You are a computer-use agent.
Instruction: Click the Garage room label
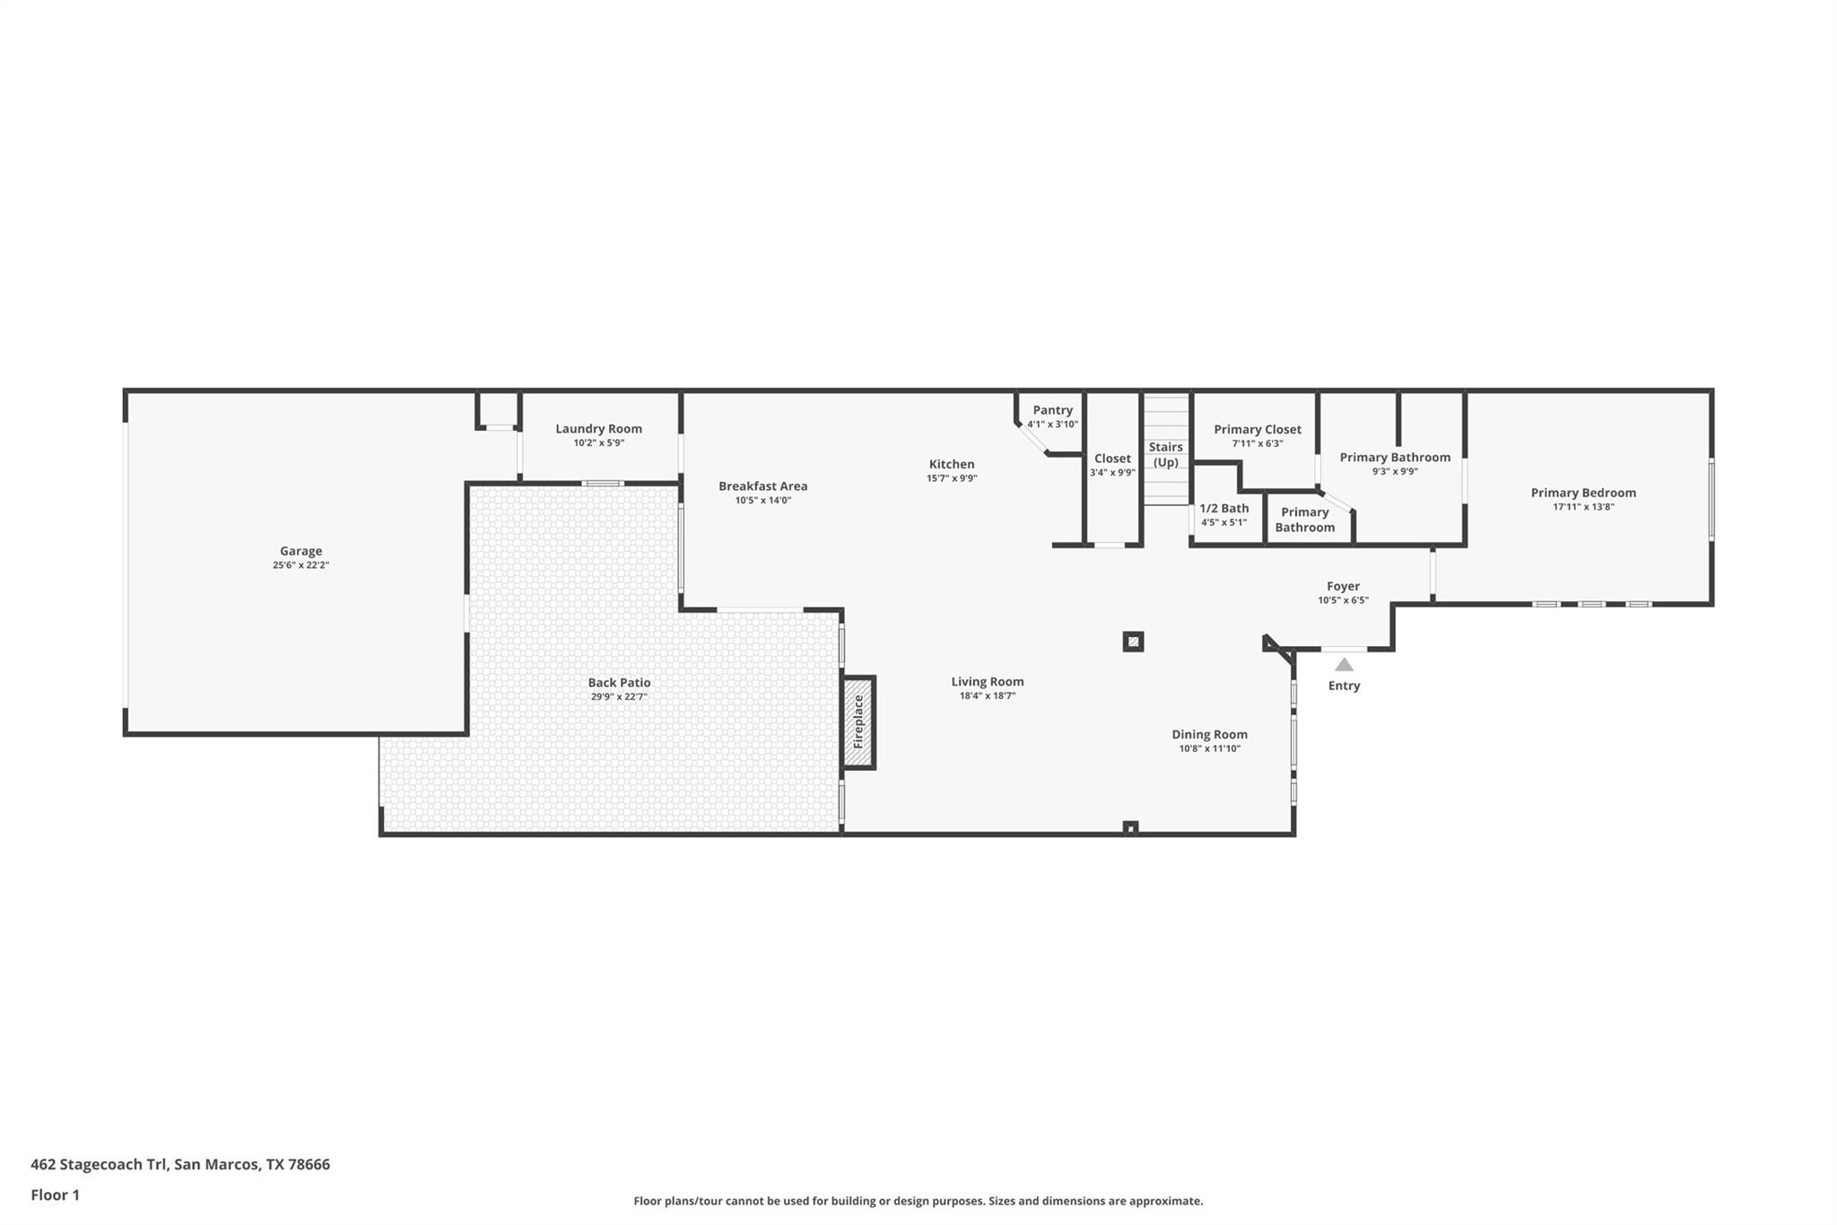(x=300, y=551)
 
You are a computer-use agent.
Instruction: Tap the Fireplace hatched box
(x=858, y=722)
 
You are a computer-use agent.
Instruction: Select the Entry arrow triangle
(x=1344, y=665)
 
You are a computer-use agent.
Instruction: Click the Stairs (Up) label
(x=1165, y=454)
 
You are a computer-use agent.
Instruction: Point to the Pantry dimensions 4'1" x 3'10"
(x=1052, y=424)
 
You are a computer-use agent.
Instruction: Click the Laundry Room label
(x=598, y=429)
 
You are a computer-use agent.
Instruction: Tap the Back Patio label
(x=619, y=683)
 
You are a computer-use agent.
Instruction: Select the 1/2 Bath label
(x=1223, y=508)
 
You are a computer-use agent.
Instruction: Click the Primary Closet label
(x=1257, y=430)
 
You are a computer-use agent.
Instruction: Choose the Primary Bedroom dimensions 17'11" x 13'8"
(x=1583, y=507)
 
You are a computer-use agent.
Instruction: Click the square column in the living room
(x=1133, y=642)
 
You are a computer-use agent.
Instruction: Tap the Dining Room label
(x=1209, y=734)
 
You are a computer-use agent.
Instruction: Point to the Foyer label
(x=1343, y=586)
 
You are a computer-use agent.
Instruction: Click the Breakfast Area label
(x=762, y=486)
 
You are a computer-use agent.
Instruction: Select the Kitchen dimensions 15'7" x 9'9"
(x=951, y=478)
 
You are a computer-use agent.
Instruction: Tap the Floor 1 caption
(x=55, y=1194)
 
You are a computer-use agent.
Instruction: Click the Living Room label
(x=987, y=682)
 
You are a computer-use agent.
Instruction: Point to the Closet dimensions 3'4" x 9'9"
(x=1112, y=473)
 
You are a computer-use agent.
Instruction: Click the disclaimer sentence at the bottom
(x=918, y=1201)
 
